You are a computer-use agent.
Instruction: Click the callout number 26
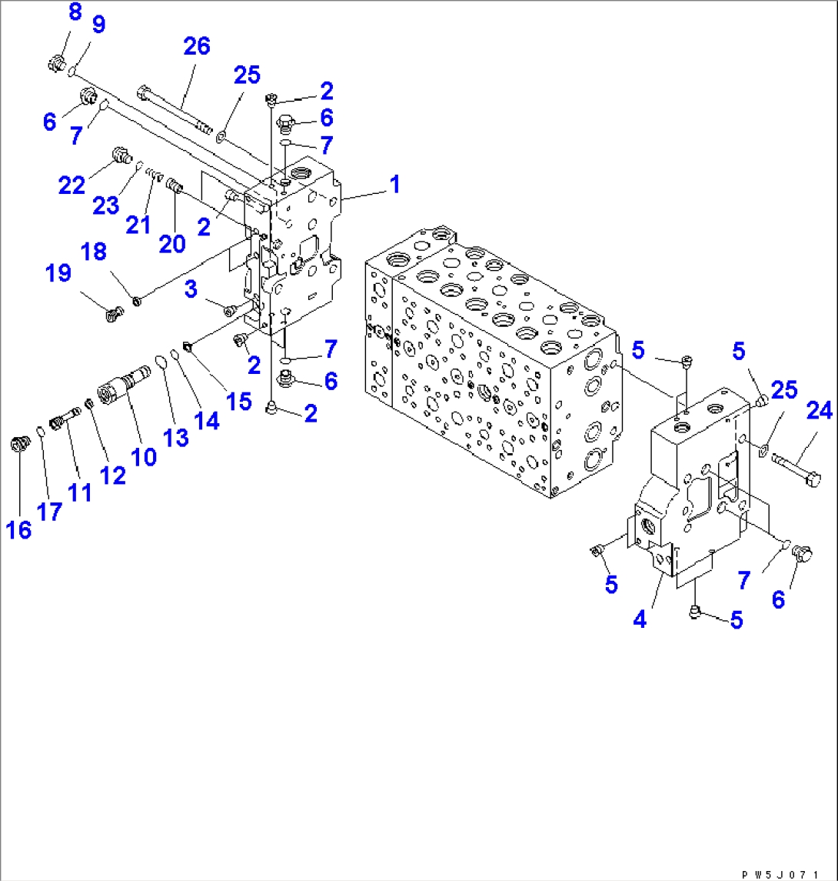[196, 46]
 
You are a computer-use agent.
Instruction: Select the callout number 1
[394, 185]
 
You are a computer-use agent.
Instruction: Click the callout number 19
[58, 273]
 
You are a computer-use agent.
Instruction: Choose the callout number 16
[19, 529]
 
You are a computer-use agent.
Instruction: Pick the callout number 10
[144, 456]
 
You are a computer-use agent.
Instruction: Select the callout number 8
[75, 12]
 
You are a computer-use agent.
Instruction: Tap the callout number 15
[239, 400]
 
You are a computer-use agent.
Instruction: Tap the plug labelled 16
[19, 444]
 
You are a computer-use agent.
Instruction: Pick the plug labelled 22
[120, 155]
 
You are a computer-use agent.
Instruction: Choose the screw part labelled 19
[115, 312]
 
